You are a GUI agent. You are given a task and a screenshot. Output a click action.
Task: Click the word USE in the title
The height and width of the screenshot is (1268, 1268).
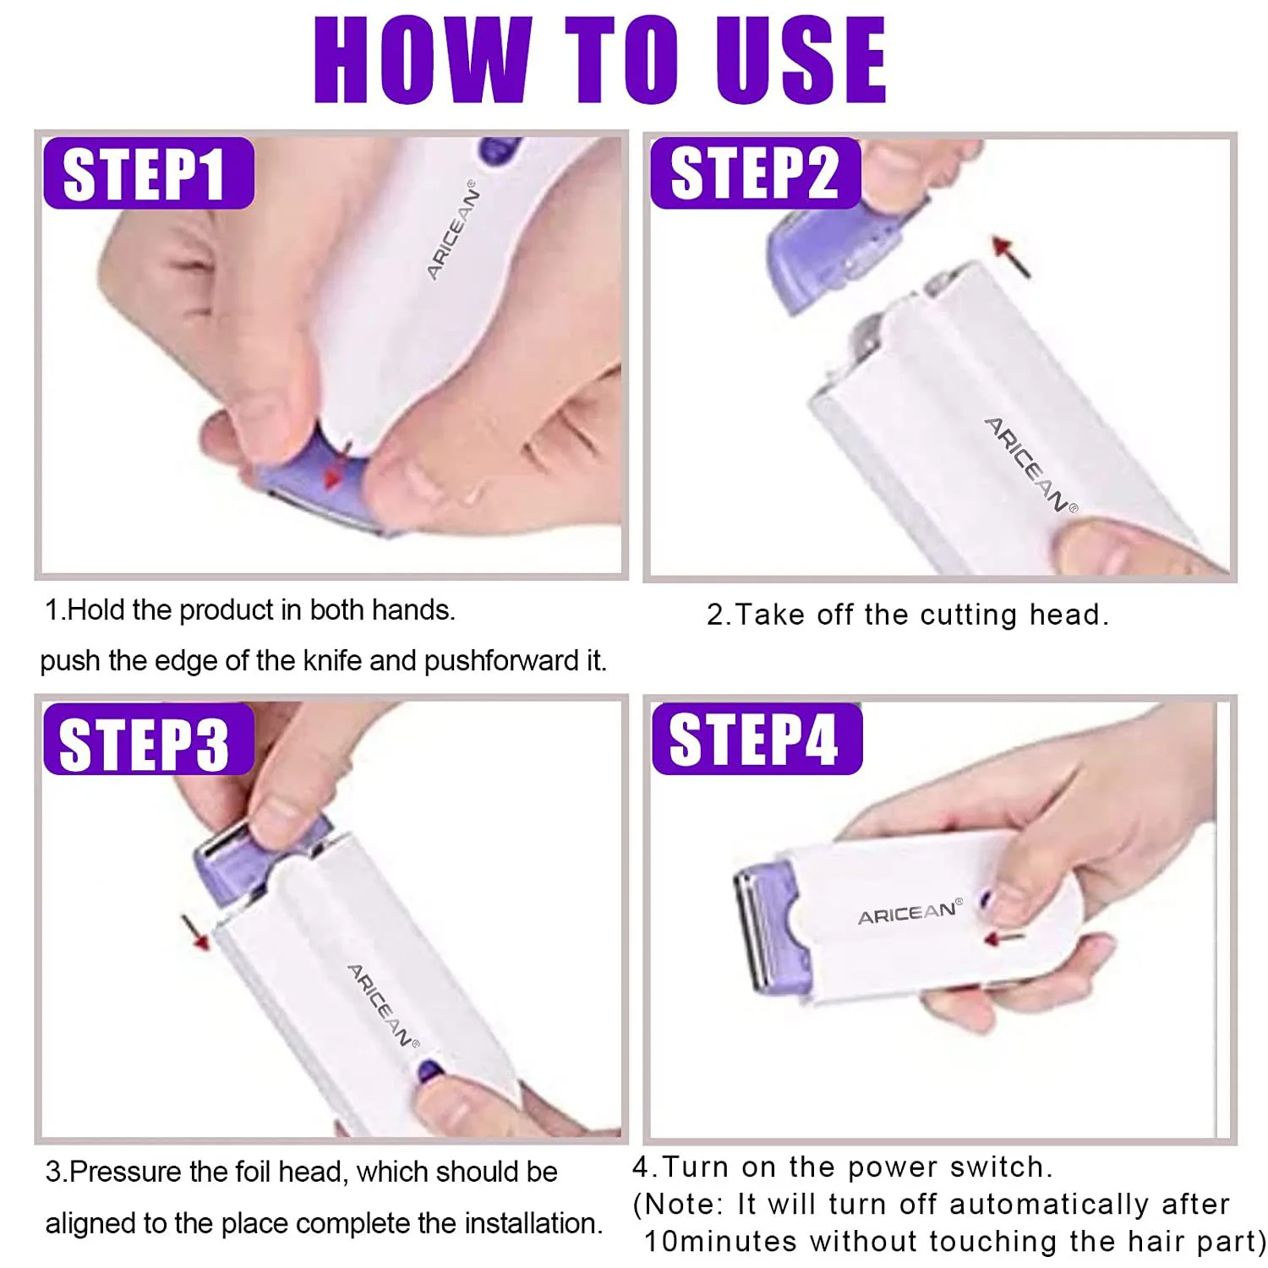pyautogui.click(x=801, y=61)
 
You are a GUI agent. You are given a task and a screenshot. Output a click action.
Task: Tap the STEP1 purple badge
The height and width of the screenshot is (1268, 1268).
pyautogui.click(x=148, y=173)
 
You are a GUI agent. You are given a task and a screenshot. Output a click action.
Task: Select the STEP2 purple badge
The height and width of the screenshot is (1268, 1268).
pyautogui.click(x=755, y=173)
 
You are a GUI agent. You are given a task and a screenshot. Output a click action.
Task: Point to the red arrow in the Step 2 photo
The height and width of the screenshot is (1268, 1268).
pyautogui.click(x=1012, y=257)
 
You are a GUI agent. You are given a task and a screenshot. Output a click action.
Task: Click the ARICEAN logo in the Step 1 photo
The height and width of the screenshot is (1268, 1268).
pyautogui.click(x=452, y=230)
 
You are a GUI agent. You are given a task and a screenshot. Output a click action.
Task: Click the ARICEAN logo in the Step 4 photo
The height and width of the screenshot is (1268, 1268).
pyautogui.click(x=910, y=913)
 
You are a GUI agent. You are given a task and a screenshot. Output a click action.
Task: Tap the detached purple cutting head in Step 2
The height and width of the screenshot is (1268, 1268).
pyautogui.click(x=833, y=254)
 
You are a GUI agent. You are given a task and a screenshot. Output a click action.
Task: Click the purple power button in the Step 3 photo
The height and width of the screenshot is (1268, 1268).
pyautogui.click(x=429, y=1071)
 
